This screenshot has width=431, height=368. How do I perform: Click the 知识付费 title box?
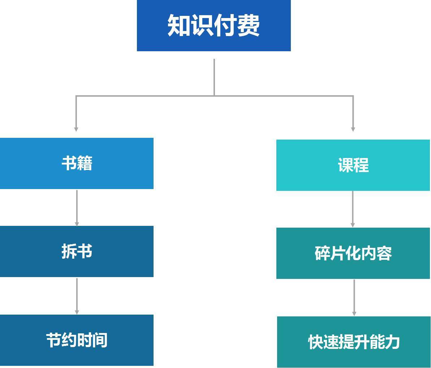214,26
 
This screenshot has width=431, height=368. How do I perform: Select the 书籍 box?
77,163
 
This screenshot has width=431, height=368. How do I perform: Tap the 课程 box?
353,165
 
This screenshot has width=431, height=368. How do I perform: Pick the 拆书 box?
77,251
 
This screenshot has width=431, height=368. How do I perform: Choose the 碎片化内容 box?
353,253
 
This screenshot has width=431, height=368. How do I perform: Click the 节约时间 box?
77,340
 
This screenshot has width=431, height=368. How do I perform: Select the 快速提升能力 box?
354,342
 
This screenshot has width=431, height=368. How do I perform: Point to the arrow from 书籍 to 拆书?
77,207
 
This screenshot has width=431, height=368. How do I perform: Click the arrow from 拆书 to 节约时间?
77,295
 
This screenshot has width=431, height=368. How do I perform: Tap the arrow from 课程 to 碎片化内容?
353,209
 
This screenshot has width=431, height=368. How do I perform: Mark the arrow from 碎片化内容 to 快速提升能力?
354,297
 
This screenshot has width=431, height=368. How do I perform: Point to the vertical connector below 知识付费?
214,77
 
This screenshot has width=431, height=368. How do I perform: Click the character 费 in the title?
248,26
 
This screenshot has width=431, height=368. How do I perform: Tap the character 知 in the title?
179,26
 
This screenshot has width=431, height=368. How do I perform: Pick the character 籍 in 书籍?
85,163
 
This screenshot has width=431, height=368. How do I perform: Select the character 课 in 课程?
345,165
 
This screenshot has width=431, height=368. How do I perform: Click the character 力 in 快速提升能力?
392,342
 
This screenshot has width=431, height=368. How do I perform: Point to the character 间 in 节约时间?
100,340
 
